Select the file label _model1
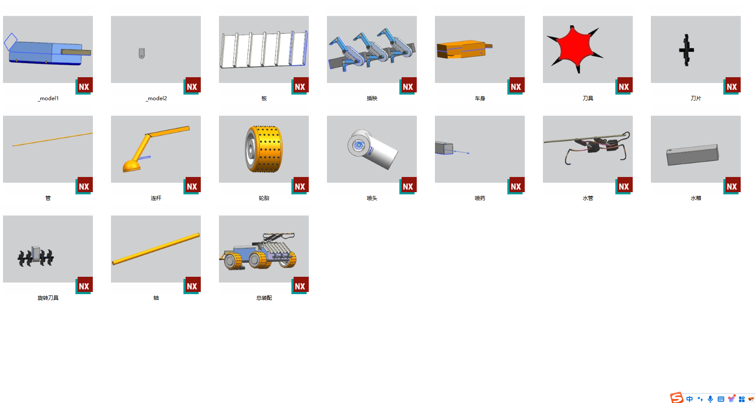48,98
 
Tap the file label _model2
156,98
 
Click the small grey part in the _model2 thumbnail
141,53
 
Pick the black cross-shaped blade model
686,50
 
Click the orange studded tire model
264,149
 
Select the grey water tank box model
693,155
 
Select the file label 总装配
264,298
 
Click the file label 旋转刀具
48,298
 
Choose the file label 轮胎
264,198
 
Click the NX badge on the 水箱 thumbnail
732,186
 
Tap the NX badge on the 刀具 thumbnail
624,86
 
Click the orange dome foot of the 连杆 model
131,166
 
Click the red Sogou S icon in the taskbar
677,398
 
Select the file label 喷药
480,198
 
